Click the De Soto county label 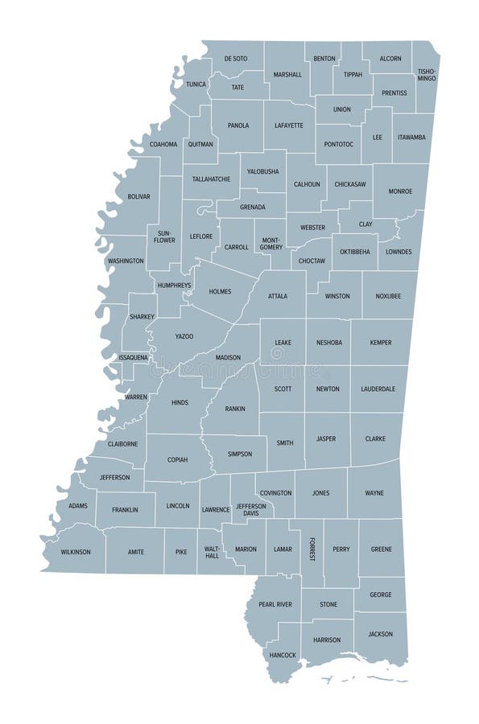tap(236, 59)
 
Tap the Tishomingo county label tap(426, 75)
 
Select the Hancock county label tap(283, 655)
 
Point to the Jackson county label tap(380, 634)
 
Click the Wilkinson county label tap(74, 552)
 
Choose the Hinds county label tap(179, 401)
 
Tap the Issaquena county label tap(133, 356)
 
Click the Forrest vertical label tap(312, 549)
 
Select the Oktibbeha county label tap(354, 252)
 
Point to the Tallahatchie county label tap(211, 179)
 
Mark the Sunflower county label tap(164, 237)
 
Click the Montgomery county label tap(270, 244)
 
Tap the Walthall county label tap(211, 552)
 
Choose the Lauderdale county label tap(378, 389)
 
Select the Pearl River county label tap(275, 604)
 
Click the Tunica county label tap(196, 84)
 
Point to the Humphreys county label tap(174, 285)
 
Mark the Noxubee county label tap(387, 296)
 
